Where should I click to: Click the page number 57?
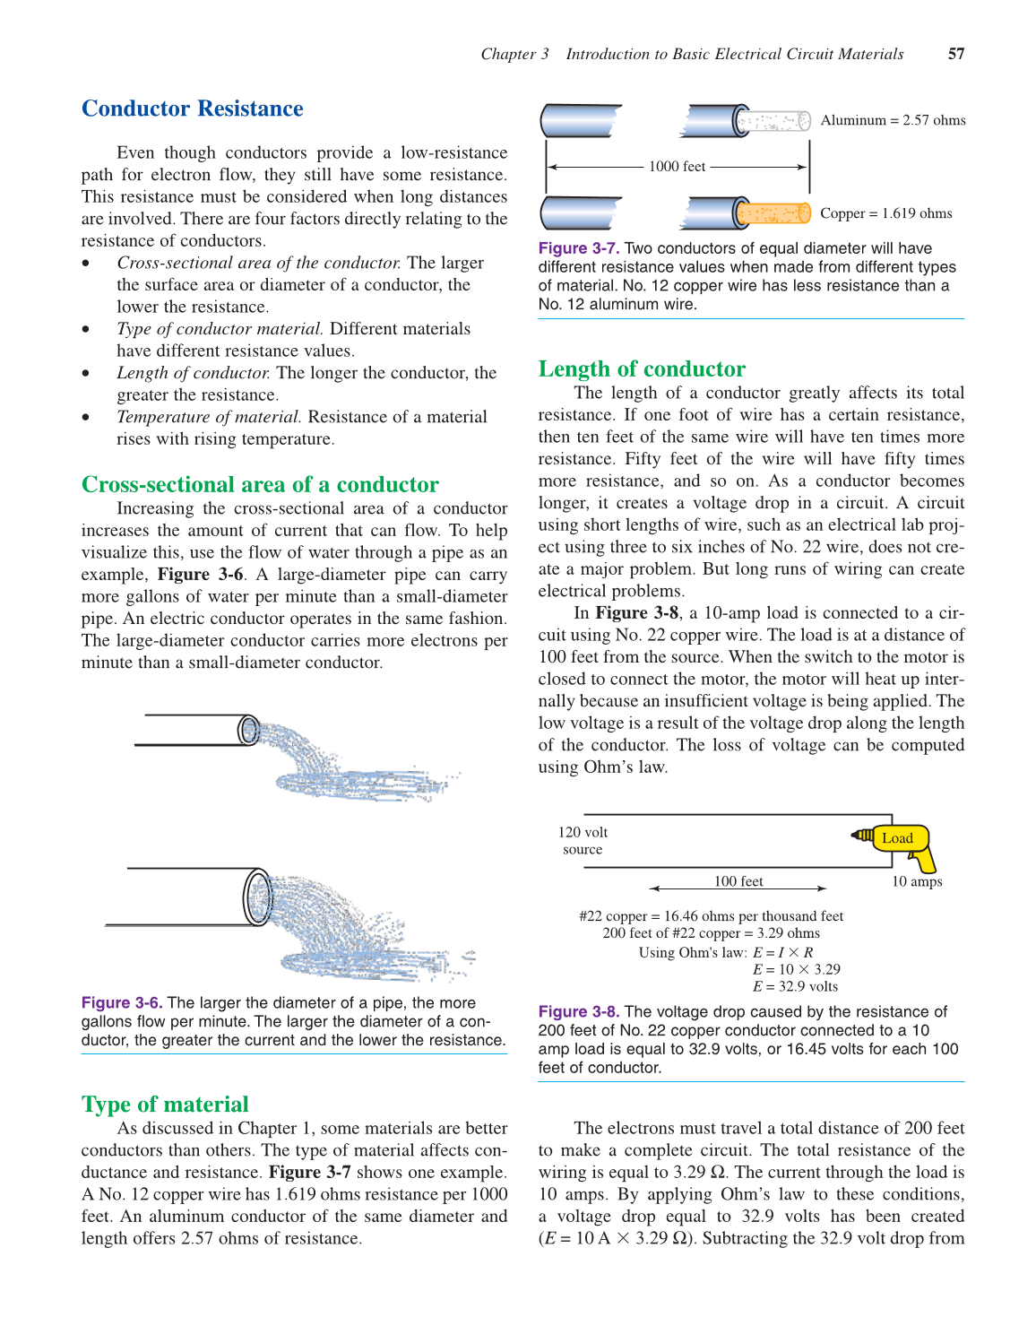(x=955, y=54)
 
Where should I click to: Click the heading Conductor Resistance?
(x=192, y=108)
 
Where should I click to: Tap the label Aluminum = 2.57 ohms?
(x=893, y=120)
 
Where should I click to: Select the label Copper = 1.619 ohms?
(x=885, y=213)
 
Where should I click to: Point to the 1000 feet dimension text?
(x=677, y=167)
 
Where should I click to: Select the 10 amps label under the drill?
(x=916, y=882)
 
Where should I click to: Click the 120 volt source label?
(x=583, y=841)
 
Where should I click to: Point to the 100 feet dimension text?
(x=738, y=882)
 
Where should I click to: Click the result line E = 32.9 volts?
(x=795, y=986)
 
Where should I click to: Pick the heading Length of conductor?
(x=641, y=368)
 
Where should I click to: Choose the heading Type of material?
(x=165, y=1104)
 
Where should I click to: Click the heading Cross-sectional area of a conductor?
(x=260, y=484)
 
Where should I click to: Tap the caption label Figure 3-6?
(x=122, y=1002)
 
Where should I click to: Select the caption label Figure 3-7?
(x=579, y=248)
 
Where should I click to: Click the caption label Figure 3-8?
(x=579, y=1011)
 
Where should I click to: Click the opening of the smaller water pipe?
(x=248, y=730)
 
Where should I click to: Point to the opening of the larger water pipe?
(x=258, y=897)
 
